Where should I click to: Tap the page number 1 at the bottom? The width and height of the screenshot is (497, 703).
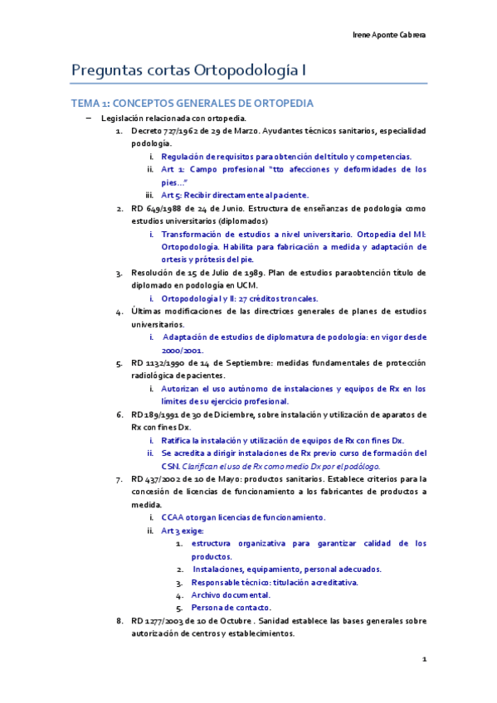tap(424, 660)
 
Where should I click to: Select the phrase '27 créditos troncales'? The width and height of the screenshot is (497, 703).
tap(278, 298)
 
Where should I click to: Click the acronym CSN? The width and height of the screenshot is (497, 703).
tap(169, 467)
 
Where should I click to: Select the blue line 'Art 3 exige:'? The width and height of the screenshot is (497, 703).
tap(182, 531)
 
